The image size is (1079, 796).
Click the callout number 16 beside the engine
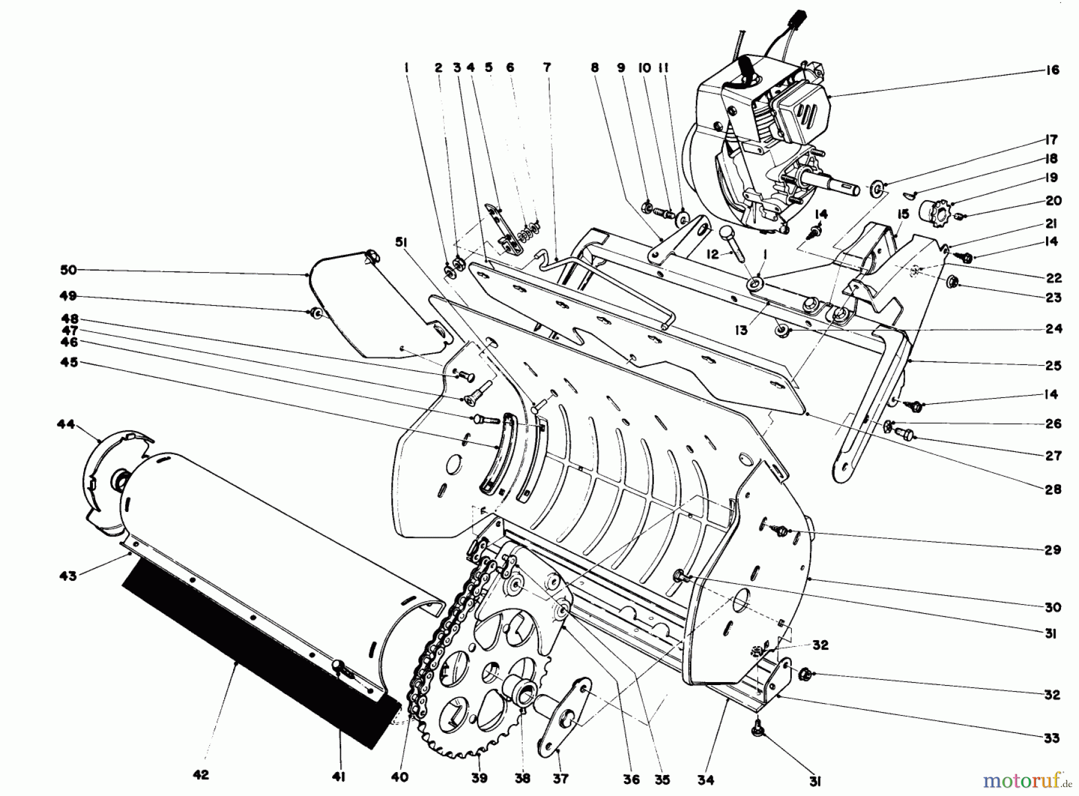tap(1053, 70)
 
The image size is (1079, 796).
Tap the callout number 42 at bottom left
tap(201, 775)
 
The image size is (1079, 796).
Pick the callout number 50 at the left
tap(69, 270)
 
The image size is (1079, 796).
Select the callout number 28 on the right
tap(1053, 489)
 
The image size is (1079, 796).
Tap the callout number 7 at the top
tap(547, 68)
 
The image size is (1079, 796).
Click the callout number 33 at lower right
tap(1053, 738)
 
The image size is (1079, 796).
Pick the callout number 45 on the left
tap(69, 363)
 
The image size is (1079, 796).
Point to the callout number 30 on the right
tap(1053, 607)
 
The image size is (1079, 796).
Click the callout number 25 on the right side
tap(1053, 366)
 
